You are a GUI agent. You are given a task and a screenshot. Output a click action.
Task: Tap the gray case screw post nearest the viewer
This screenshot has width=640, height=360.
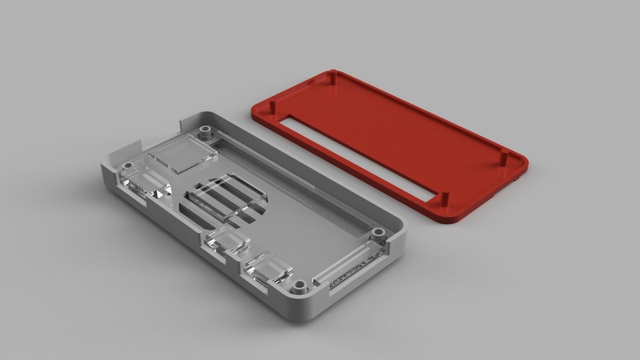tap(299, 288)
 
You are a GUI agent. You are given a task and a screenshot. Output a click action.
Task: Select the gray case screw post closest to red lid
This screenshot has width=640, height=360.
tap(377, 234)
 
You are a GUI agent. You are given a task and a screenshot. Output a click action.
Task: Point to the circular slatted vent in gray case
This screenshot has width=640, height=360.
tap(225, 202)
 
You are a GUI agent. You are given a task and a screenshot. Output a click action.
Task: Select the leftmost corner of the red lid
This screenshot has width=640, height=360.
tap(253, 112)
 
